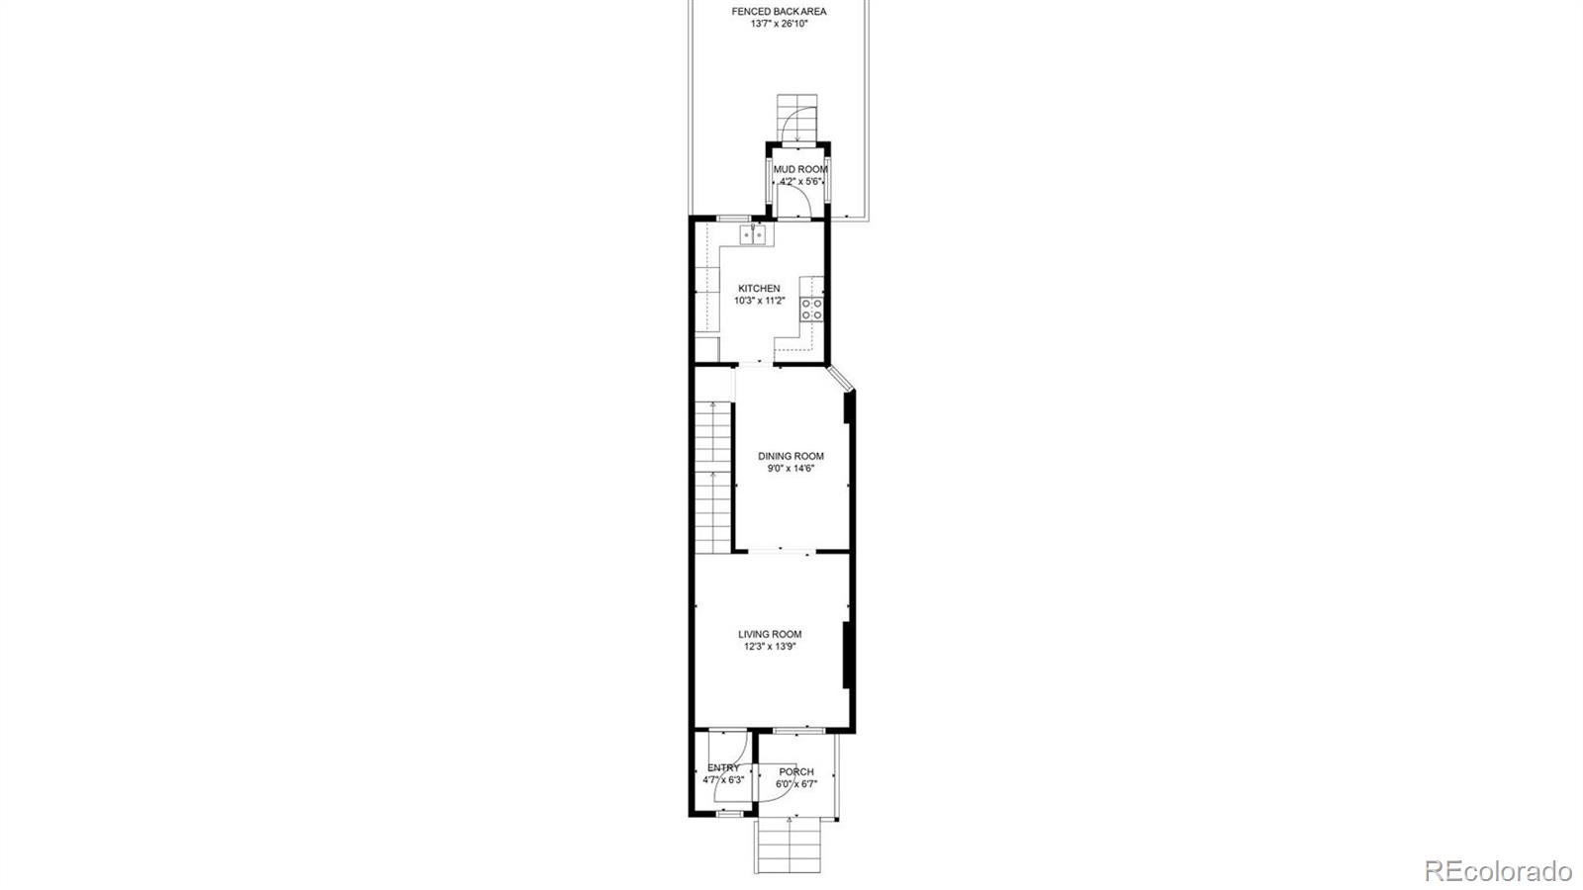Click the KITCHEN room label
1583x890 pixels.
point(759,289)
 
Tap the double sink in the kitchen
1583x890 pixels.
point(754,235)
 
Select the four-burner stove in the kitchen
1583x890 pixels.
point(811,309)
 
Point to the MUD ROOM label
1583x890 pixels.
point(800,170)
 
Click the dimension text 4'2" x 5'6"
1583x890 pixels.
point(800,182)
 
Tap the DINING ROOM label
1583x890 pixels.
point(791,457)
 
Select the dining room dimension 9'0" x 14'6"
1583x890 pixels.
point(791,469)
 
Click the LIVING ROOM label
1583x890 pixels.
point(770,635)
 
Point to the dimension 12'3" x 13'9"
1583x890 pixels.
point(770,647)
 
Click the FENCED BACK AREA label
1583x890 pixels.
point(779,12)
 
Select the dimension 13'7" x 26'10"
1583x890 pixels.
point(779,24)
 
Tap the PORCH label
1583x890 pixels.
point(796,772)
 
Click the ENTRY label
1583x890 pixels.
point(723,768)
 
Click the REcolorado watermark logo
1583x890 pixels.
point(1497,871)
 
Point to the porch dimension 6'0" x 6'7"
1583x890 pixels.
point(796,784)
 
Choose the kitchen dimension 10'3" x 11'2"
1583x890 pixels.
point(759,301)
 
